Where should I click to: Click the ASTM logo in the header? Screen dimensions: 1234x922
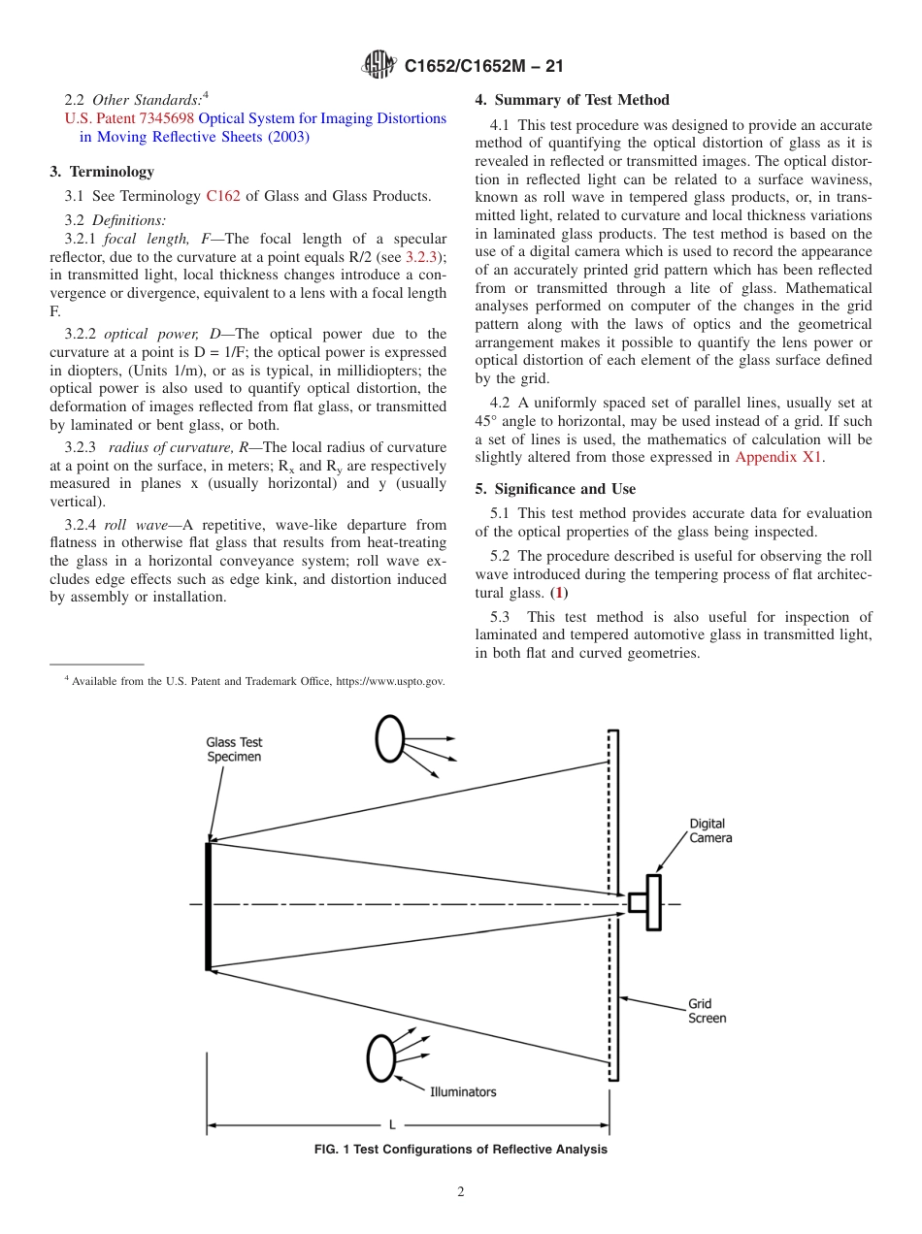[379, 65]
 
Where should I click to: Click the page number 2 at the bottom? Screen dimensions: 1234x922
[461, 1192]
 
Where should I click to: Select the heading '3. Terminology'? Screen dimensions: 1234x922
[102, 172]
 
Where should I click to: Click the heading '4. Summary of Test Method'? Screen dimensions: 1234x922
[572, 100]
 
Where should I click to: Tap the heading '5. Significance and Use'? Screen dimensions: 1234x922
[555, 489]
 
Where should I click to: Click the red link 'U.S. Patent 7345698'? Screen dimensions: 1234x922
[129, 118]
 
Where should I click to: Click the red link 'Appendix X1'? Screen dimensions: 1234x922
[778, 457]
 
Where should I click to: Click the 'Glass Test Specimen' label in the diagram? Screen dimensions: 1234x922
[234, 750]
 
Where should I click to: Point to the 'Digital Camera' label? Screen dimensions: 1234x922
[710, 830]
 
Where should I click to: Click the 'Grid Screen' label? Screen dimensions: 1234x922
[707, 1011]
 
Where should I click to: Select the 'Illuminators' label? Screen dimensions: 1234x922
[463, 1091]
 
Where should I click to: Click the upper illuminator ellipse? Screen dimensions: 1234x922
[390, 739]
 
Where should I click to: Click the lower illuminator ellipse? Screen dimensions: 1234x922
[381, 1057]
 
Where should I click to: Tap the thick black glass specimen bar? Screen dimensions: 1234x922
[209, 906]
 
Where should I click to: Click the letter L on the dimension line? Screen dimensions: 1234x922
[391, 1125]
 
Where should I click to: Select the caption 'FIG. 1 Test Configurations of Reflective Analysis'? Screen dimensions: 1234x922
[461, 1150]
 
